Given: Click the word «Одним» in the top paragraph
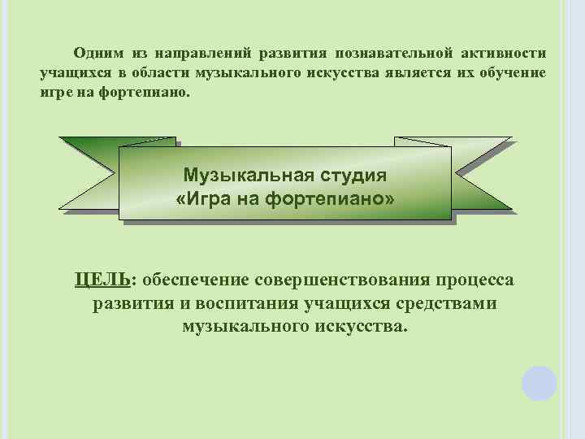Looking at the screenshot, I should click(x=98, y=54).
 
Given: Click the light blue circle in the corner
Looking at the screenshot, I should click(x=539, y=383).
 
